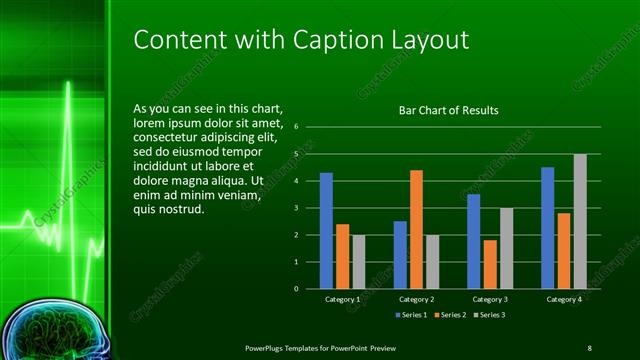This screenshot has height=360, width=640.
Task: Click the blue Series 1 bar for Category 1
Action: pyautogui.click(x=326, y=231)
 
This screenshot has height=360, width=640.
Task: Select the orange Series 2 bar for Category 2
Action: pyautogui.click(x=416, y=229)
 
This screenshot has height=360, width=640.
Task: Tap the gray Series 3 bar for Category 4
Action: pyautogui.click(x=580, y=221)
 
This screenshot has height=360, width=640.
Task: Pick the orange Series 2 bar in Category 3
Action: pyautogui.click(x=490, y=264)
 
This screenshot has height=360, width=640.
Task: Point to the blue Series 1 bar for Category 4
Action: pyautogui.click(x=548, y=228)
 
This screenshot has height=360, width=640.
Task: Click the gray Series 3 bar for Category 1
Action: pyautogui.click(x=358, y=262)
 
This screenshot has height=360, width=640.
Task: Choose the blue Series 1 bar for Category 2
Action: pyautogui.click(x=400, y=255)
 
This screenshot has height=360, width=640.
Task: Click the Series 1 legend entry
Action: pyautogui.click(x=411, y=315)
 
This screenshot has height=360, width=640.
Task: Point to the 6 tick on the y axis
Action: pyautogui.click(x=296, y=128)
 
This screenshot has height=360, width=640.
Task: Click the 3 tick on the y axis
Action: pyautogui.click(x=296, y=208)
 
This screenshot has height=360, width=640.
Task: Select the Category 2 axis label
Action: pyautogui.click(x=416, y=299)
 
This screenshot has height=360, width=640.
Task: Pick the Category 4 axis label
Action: pyautogui.click(x=564, y=299)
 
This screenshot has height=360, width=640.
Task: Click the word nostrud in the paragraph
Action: pyautogui.click(x=181, y=210)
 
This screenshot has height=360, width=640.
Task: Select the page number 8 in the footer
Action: pyautogui.click(x=590, y=346)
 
